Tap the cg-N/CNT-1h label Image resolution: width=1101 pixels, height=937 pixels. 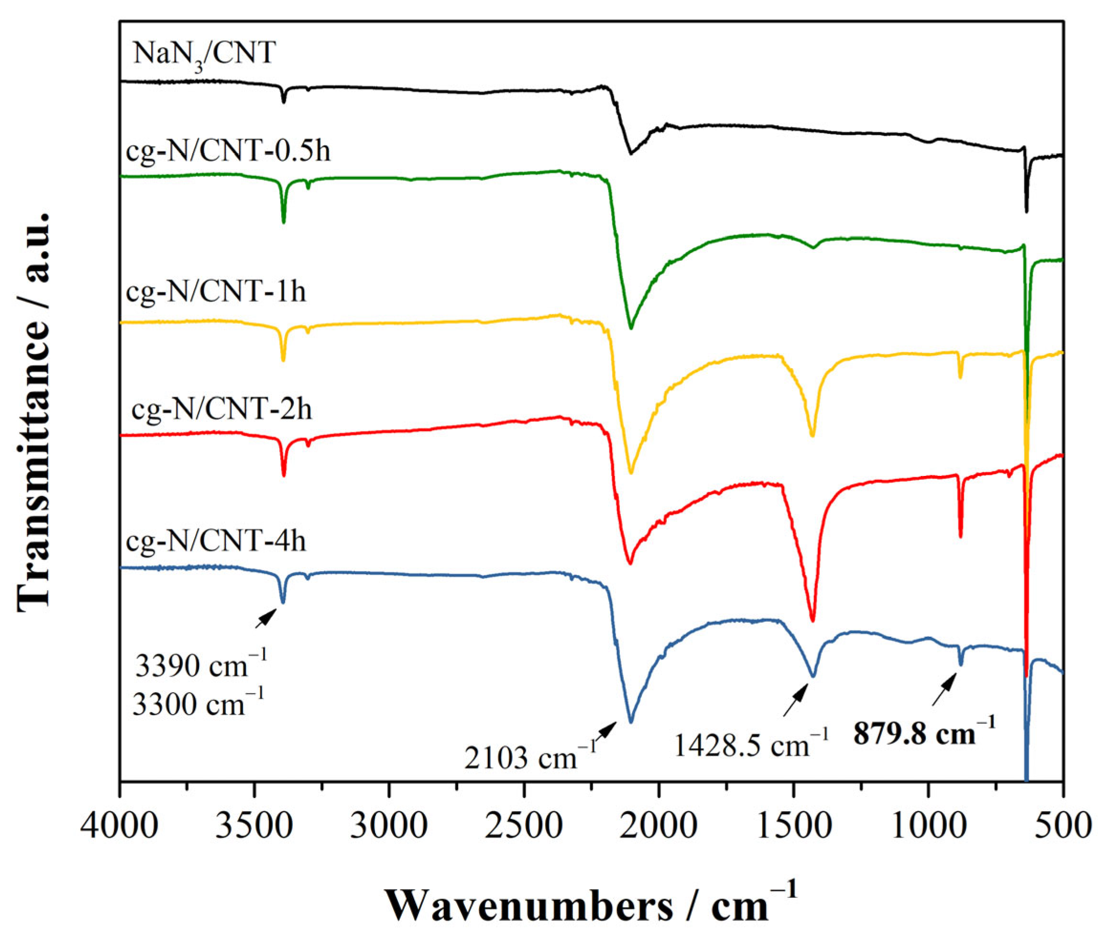click(216, 292)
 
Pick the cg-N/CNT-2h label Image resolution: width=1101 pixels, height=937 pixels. click(221, 409)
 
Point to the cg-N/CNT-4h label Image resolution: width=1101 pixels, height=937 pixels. click(216, 542)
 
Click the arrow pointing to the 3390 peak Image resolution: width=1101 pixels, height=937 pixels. click(266, 618)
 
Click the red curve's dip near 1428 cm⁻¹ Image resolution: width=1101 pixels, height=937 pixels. click(812, 619)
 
